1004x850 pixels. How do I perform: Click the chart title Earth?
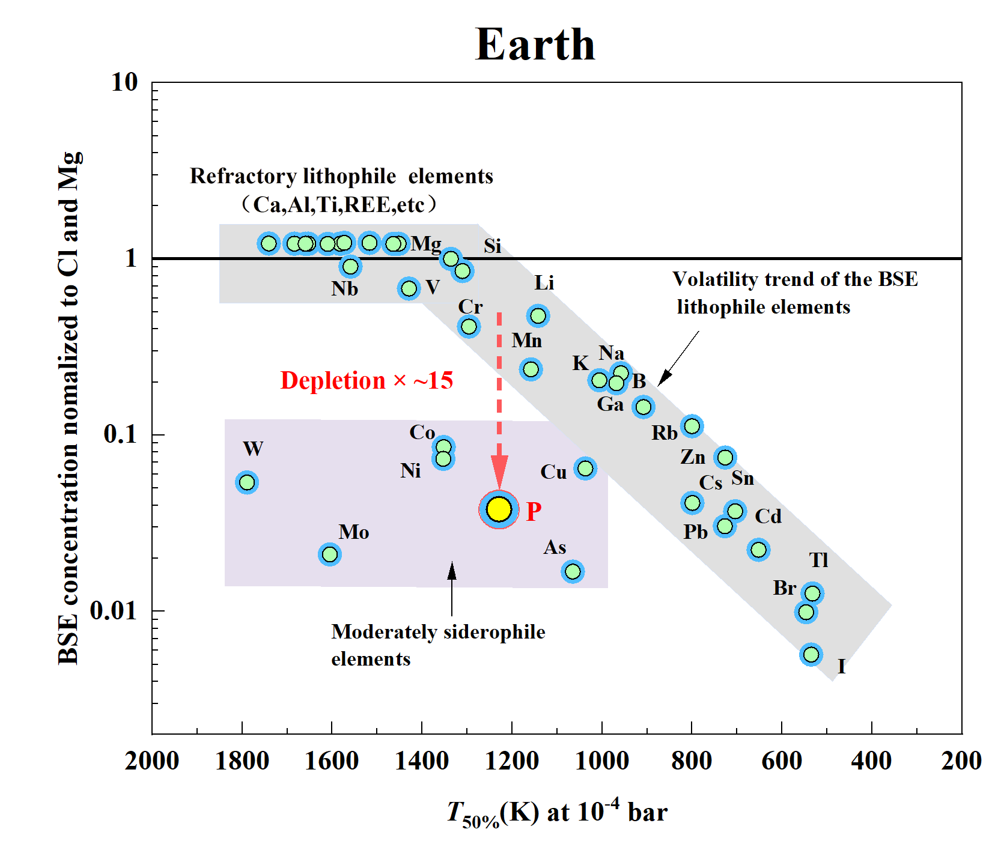click(x=535, y=45)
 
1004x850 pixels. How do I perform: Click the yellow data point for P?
click(x=499, y=509)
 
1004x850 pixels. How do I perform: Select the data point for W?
click(x=247, y=482)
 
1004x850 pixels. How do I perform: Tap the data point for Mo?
click(x=329, y=554)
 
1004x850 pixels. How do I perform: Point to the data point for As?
click(x=573, y=571)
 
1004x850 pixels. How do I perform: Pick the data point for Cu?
click(x=585, y=468)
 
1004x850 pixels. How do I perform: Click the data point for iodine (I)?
click(x=811, y=654)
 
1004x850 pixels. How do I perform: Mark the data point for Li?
click(x=538, y=315)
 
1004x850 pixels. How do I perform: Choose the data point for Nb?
click(x=350, y=266)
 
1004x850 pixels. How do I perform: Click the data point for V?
click(x=409, y=288)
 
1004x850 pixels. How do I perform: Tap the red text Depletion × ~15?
click(x=367, y=381)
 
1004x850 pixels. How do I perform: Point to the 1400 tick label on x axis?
click(x=422, y=761)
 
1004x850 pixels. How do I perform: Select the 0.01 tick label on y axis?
click(x=114, y=611)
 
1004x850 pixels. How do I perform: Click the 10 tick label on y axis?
click(x=125, y=83)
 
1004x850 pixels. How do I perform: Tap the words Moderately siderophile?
click(x=438, y=632)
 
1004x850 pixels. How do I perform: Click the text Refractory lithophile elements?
click(x=341, y=177)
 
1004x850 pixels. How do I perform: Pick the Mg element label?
click(x=426, y=244)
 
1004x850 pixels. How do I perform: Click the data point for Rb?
click(x=692, y=426)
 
